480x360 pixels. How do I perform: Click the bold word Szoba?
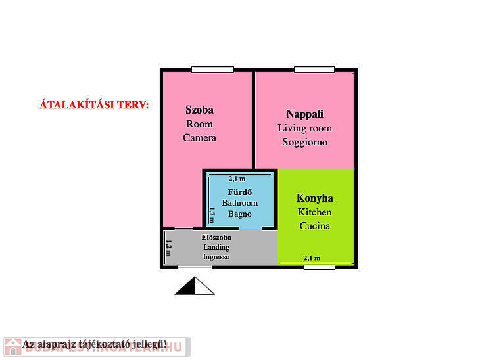tap(199, 110)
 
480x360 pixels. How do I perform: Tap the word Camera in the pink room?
tap(199, 138)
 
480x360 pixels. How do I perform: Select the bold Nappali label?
tap(304, 114)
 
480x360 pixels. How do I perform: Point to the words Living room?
tap(304, 128)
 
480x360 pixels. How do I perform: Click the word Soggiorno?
tap(304, 142)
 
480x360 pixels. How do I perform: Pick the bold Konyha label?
tap(314, 198)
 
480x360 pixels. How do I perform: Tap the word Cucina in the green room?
tap(314, 226)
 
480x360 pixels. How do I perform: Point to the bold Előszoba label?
tap(216, 237)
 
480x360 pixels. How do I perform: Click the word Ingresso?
tap(216, 257)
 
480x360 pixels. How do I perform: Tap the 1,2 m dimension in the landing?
tap(169, 248)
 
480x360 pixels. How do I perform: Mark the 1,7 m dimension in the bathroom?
tap(212, 214)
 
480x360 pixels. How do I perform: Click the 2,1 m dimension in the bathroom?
tap(237, 179)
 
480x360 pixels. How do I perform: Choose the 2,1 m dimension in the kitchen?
tap(312, 258)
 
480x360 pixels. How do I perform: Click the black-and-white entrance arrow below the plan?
tap(195, 286)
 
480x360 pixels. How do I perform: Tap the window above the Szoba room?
tap(212, 69)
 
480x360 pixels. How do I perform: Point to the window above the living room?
tap(314, 69)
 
